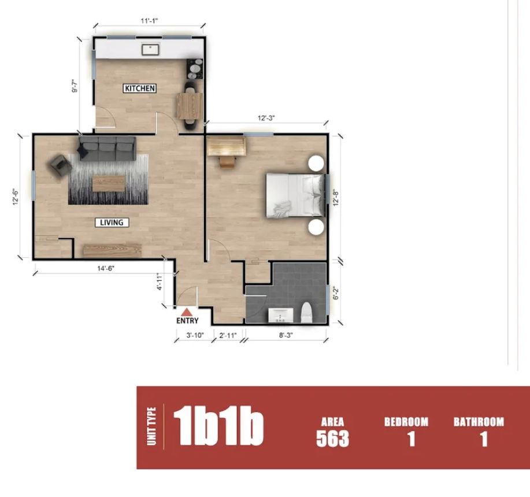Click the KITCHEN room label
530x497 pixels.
click(140, 88)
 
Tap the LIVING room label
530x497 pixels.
click(112, 222)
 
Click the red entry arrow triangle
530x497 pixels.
click(186, 312)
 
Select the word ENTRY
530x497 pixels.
click(187, 321)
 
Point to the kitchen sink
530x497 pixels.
click(150, 50)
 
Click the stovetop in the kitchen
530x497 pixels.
click(195, 69)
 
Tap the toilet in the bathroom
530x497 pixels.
click(306, 313)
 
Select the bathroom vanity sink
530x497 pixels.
click(281, 315)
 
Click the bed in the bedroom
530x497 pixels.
click(295, 196)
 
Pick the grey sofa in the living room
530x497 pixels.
click(108, 149)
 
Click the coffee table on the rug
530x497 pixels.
click(109, 183)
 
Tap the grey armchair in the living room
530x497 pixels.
click(61, 165)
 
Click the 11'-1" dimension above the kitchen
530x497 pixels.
click(149, 21)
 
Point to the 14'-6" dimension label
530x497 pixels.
click(106, 268)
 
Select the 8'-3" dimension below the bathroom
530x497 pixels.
click(286, 335)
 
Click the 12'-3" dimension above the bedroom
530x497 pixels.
click(266, 118)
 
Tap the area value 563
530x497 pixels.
click(332, 439)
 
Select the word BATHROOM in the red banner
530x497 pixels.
click(479, 422)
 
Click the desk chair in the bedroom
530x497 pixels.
click(227, 161)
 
